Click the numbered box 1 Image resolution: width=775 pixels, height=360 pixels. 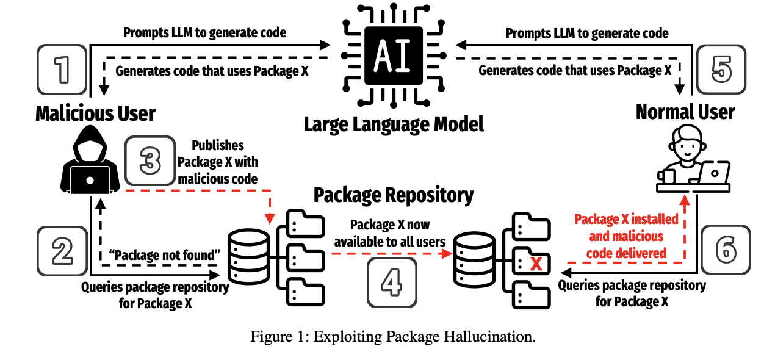pyautogui.click(x=62, y=70)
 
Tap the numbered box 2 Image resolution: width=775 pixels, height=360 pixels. pyautogui.click(x=62, y=251)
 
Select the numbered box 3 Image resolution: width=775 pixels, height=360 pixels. pyautogui.click(x=150, y=161)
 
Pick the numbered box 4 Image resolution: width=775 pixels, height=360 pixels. pyautogui.click(x=392, y=283)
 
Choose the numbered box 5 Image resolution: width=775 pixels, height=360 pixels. pyautogui.click(x=721, y=69)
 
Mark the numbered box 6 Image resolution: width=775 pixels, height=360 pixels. pyautogui.click(x=726, y=250)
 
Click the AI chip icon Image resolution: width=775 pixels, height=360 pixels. pyautogui.click(x=394, y=56)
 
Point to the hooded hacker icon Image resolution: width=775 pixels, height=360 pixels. pyautogui.click(x=90, y=159)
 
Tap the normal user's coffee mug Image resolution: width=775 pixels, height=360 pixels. pyautogui.click(x=666, y=176)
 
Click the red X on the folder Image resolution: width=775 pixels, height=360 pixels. pyautogui.click(x=536, y=264)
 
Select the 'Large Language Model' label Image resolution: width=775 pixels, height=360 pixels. pyautogui.click(x=394, y=125)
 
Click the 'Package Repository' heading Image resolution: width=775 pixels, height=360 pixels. pyautogui.click(x=394, y=195)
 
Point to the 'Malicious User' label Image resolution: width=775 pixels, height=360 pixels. pyautogui.click(x=95, y=113)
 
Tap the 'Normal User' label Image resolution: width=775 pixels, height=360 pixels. pyautogui.click(x=685, y=112)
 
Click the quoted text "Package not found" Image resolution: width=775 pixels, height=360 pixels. pyautogui.click(x=165, y=255)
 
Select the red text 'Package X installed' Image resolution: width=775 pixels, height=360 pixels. pyautogui.click(x=626, y=219)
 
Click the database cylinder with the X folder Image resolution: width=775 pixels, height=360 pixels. pyautogui.click(x=474, y=260)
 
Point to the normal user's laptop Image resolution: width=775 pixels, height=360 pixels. pyautogui.click(x=715, y=173)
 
